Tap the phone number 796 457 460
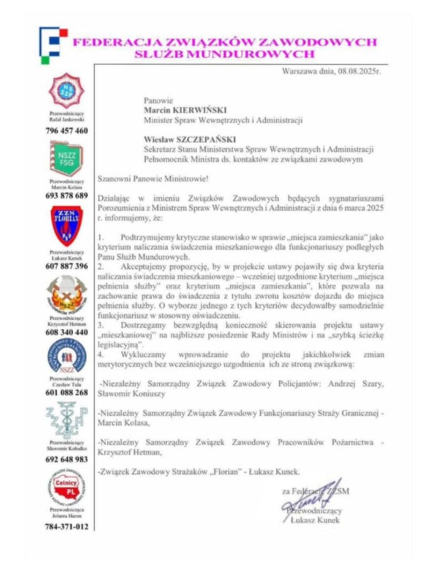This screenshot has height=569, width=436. click(x=66, y=131)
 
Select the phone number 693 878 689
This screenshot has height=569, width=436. click(x=66, y=196)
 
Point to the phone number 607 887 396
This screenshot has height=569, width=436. click(x=66, y=266)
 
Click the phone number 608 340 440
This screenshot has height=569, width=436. click(x=66, y=332)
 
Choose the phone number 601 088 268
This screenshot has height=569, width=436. click(x=66, y=392)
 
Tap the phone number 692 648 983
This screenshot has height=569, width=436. click(x=66, y=459)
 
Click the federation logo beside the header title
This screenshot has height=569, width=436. click(x=53, y=44)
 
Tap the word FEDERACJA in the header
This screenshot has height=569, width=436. click(x=117, y=43)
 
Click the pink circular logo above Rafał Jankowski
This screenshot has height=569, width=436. click(x=67, y=89)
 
